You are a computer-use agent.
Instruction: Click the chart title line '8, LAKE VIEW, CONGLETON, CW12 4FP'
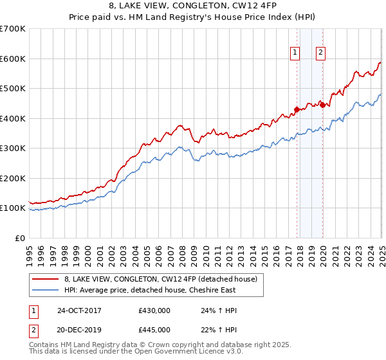click(192, 7)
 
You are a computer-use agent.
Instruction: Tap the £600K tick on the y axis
click(12, 59)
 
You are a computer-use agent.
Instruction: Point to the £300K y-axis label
click(12, 148)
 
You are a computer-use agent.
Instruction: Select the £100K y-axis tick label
click(12, 208)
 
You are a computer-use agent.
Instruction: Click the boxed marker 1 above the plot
click(295, 53)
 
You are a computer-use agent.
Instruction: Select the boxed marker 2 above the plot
click(320, 53)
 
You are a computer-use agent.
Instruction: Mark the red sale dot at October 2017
click(297, 109)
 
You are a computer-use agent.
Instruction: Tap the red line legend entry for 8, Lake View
click(160, 279)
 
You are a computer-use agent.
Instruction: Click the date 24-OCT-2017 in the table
click(79, 310)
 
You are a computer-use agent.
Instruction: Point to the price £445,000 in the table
click(154, 329)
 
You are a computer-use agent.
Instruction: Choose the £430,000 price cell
click(154, 310)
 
